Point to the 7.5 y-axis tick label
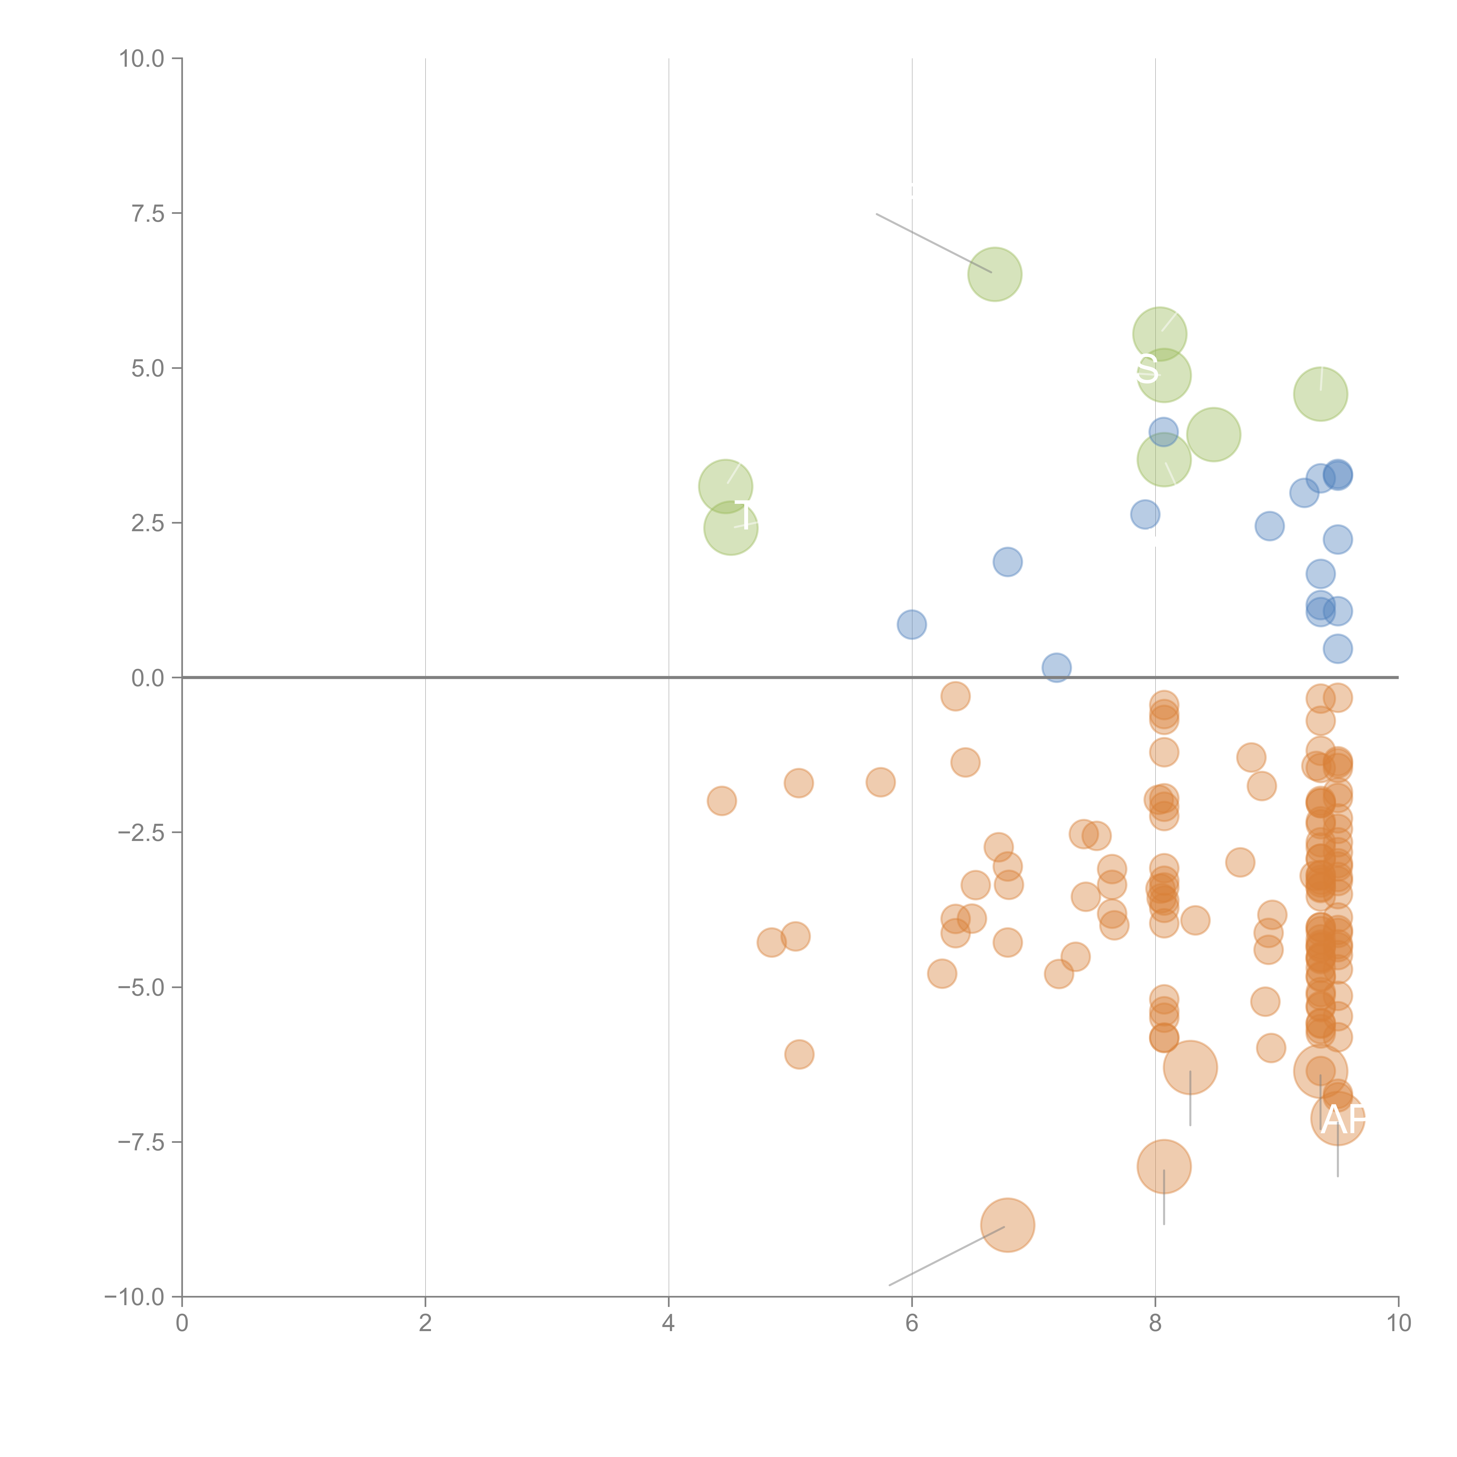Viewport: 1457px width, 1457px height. [148, 213]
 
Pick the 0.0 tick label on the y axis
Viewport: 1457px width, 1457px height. [148, 678]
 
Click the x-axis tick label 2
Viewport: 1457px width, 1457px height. [425, 1324]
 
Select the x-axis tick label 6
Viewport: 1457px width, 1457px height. [912, 1324]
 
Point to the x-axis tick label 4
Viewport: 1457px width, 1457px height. [668, 1324]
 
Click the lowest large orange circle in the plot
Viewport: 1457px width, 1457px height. [1008, 1225]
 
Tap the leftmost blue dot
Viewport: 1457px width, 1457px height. [912, 624]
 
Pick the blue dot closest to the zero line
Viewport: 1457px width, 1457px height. [1057, 667]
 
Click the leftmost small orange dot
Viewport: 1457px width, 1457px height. [722, 801]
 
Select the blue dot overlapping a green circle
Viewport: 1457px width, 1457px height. [1164, 431]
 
